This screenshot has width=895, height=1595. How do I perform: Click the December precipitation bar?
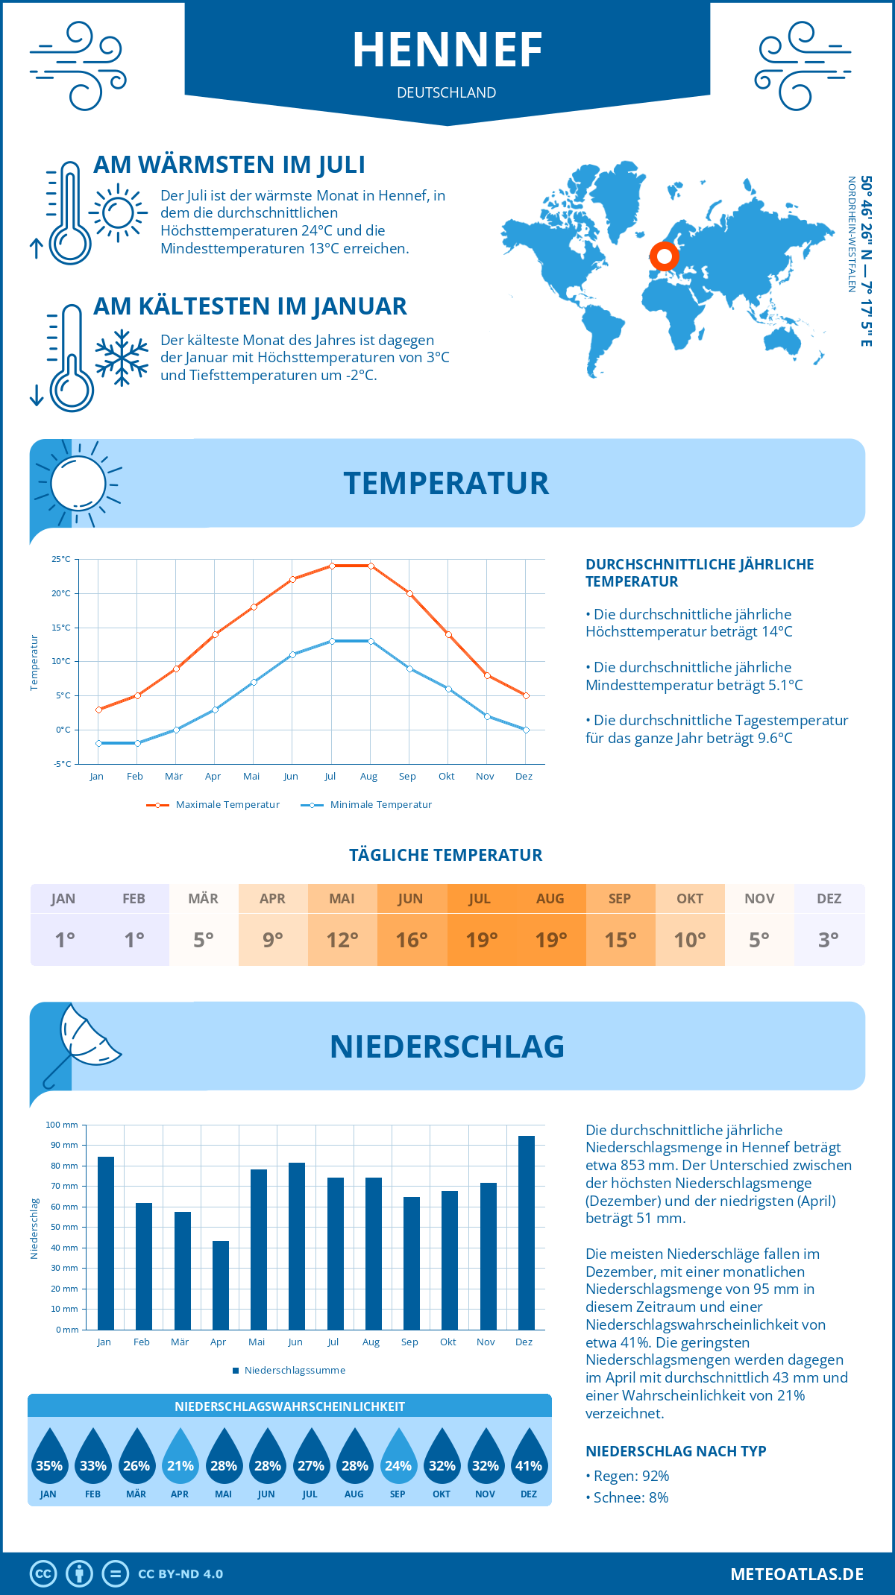point(527,1233)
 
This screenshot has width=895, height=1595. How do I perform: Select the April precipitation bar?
point(221,1285)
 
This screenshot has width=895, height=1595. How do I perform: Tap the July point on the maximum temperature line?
point(332,566)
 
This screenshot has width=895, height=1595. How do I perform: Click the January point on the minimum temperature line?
point(98,743)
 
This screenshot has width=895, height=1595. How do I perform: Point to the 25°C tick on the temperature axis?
point(61,559)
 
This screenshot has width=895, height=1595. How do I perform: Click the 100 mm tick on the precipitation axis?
point(62,1125)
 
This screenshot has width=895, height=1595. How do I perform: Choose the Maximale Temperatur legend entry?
point(213,805)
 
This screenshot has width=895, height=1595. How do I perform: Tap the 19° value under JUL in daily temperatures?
point(481,940)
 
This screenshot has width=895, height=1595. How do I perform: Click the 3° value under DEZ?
point(829,940)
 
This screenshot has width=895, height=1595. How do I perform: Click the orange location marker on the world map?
point(664,256)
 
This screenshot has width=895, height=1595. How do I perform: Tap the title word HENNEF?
point(447,50)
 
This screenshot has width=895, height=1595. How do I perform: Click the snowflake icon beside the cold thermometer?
point(122,358)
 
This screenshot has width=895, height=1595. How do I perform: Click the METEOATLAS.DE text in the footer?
point(797,1574)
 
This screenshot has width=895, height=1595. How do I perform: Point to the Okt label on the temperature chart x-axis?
point(446,777)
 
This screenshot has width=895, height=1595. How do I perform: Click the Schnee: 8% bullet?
point(627,1497)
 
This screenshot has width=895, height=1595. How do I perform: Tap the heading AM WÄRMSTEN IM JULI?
point(229,165)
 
